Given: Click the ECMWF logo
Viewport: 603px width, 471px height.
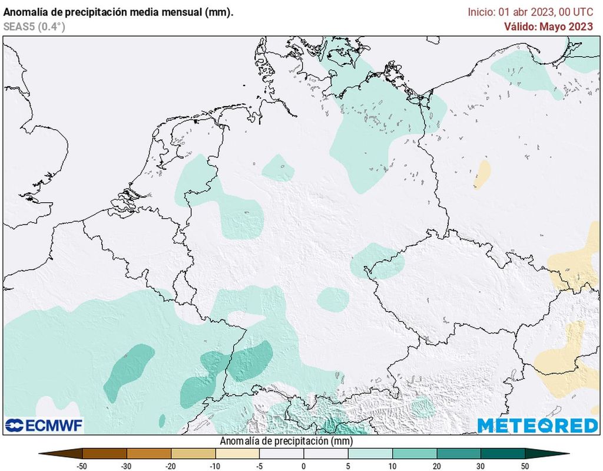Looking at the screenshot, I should pos(44,425).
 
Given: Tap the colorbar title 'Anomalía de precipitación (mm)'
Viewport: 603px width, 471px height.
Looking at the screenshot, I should pos(286,441).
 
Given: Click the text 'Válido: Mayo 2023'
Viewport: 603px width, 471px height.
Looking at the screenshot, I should pos(548,27).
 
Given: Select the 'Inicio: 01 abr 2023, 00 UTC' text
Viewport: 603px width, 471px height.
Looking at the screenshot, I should pos(530,12).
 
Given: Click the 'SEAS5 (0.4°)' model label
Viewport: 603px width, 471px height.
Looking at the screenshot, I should pos(34,27).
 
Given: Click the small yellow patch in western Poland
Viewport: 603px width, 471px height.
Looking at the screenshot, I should pos(482,174).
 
